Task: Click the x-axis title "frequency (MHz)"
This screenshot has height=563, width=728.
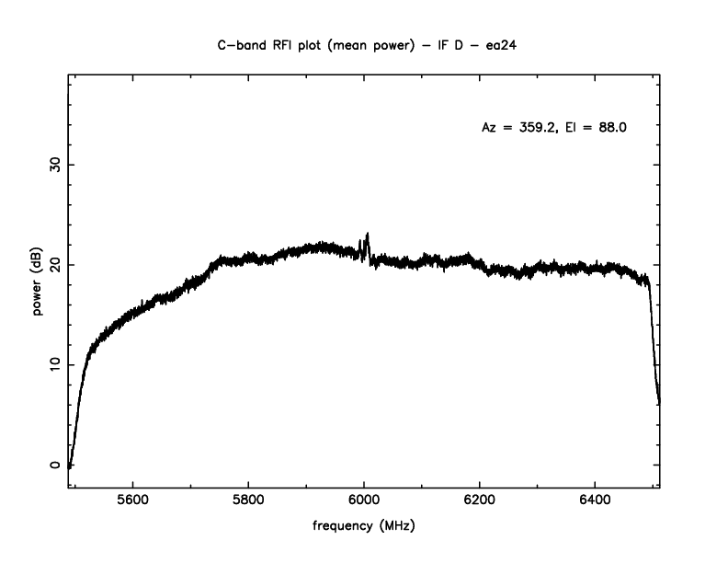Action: coord(364,530)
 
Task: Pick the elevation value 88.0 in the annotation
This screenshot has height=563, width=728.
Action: coord(611,128)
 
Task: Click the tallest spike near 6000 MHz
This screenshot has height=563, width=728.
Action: coord(368,235)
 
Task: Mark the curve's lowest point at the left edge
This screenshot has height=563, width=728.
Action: coord(70,466)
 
